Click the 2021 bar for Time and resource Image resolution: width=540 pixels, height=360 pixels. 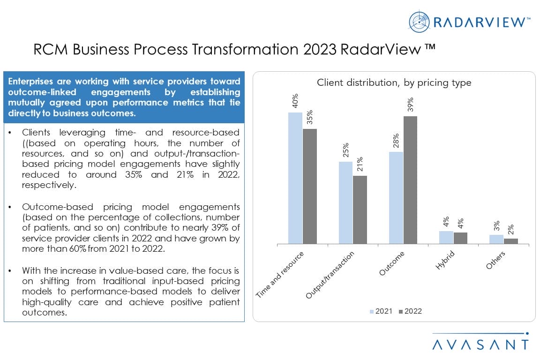click(x=295, y=178)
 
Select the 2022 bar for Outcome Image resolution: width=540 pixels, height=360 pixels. click(x=410, y=180)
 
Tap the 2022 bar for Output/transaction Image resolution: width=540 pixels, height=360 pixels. click(x=360, y=210)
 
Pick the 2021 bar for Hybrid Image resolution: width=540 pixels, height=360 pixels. click(x=446, y=237)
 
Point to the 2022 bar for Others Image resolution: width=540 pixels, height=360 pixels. click(x=511, y=241)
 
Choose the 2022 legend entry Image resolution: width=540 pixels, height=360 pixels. click(x=410, y=311)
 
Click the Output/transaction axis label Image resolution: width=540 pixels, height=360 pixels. click(x=330, y=275)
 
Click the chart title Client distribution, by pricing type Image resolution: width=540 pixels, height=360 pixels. click(x=394, y=83)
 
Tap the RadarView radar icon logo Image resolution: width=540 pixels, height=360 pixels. click(x=419, y=22)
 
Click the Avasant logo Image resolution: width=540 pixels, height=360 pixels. click(x=480, y=343)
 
